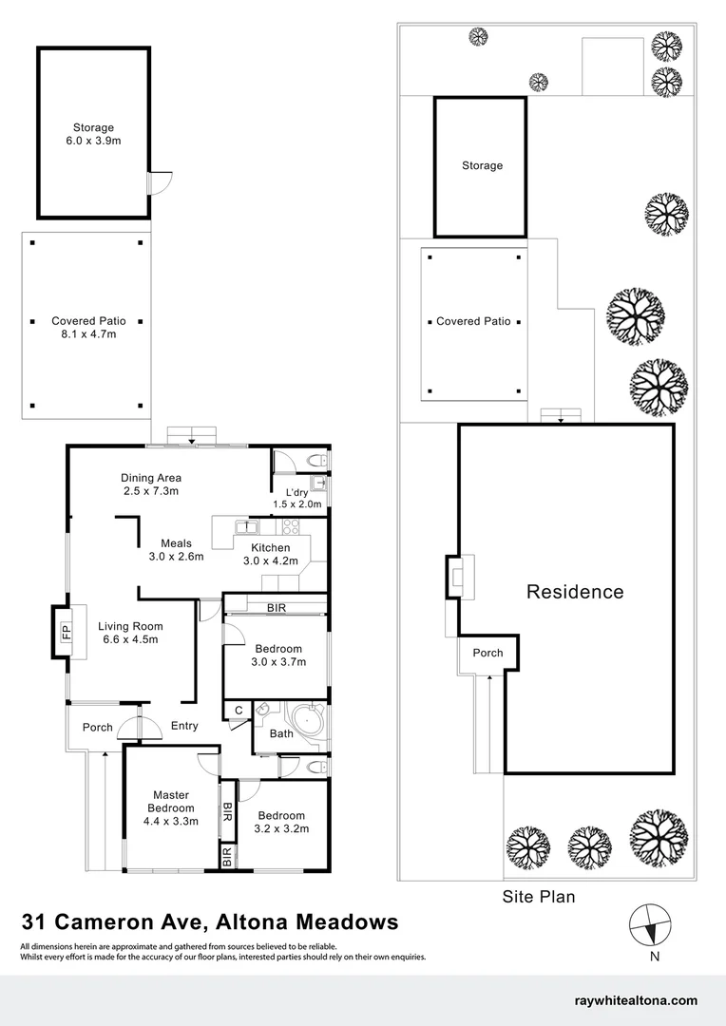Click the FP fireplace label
pyautogui.click(x=67, y=631)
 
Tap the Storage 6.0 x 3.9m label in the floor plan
pyautogui.click(x=93, y=134)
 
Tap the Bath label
pyautogui.click(x=281, y=733)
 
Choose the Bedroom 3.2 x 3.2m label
pyautogui.click(x=281, y=822)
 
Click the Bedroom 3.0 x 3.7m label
pyautogui.click(x=278, y=655)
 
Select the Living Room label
pyautogui.click(x=130, y=633)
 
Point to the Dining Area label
pyautogui.click(x=151, y=484)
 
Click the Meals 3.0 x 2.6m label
pyautogui.click(x=176, y=550)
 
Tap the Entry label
pyautogui.click(x=184, y=727)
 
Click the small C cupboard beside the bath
pyautogui.click(x=237, y=711)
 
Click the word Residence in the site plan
pyautogui.click(x=575, y=592)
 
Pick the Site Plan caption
pyautogui.click(x=539, y=896)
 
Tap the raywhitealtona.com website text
pyautogui.click(x=637, y=1001)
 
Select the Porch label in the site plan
pyautogui.click(x=487, y=653)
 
